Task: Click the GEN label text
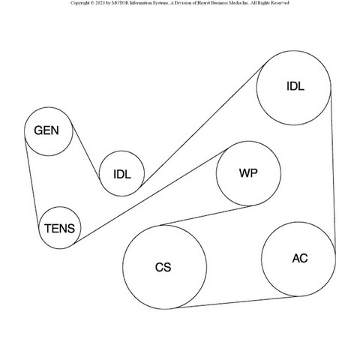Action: click(x=46, y=130)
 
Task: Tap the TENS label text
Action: click(x=59, y=229)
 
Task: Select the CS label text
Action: click(x=163, y=267)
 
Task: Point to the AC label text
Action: click(x=300, y=258)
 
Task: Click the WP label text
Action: click(x=248, y=173)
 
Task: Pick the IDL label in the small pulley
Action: click(x=122, y=174)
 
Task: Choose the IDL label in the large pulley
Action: click(x=295, y=86)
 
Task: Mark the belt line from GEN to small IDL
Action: click(x=85, y=151)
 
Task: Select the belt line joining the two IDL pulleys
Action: click(x=202, y=125)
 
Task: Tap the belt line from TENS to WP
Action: click(x=151, y=196)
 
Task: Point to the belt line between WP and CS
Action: click(x=205, y=215)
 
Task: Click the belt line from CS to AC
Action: click(x=236, y=302)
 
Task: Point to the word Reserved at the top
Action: click(x=281, y=3)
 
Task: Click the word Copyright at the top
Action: click(x=79, y=3)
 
